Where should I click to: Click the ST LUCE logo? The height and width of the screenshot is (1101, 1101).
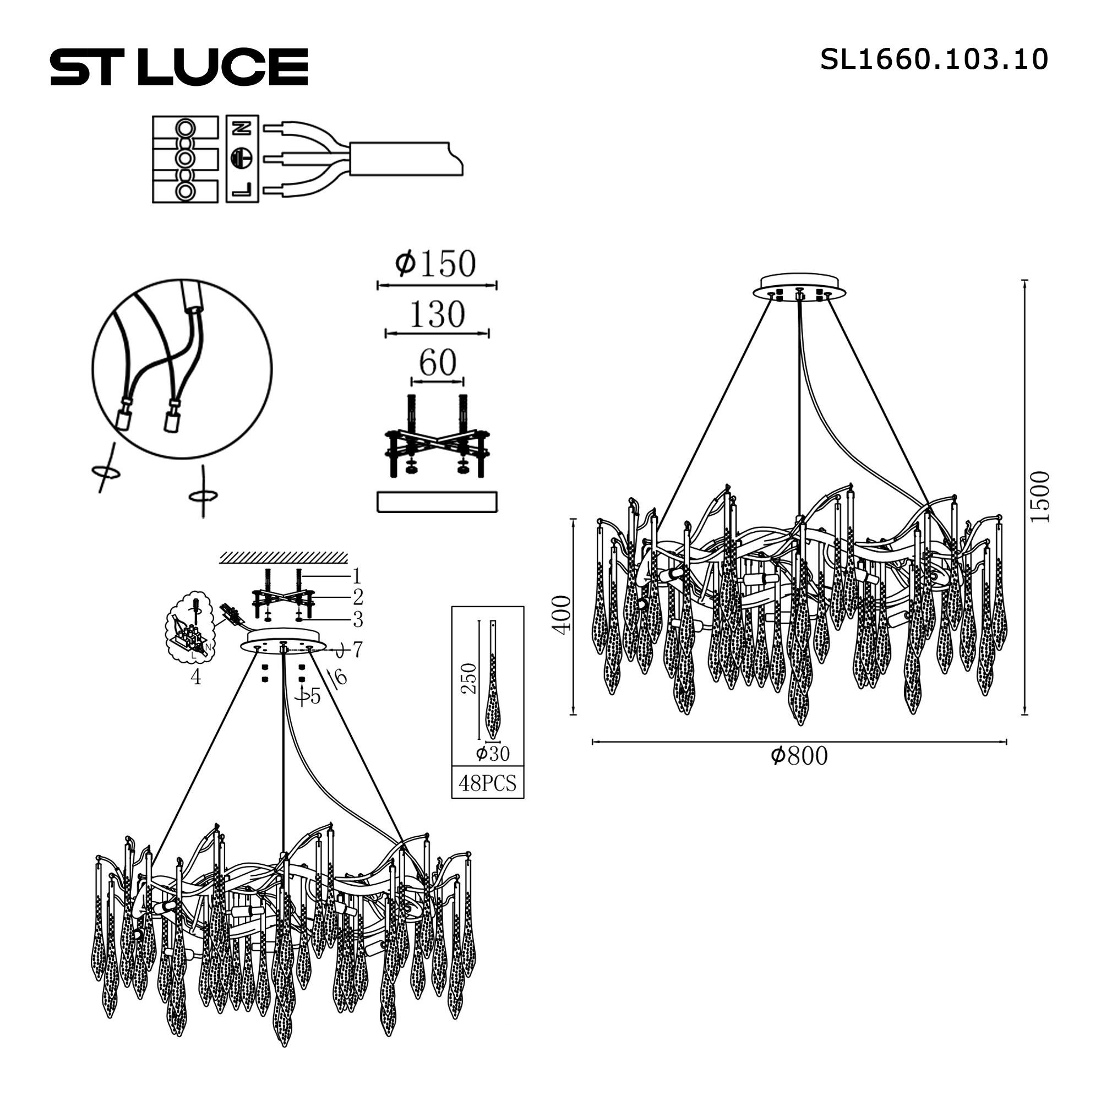tap(179, 67)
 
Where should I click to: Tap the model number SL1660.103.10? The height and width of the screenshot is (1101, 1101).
tap(934, 59)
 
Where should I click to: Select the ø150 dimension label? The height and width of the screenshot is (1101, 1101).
tap(436, 264)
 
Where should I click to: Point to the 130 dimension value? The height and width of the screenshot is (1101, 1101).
tap(437, 314)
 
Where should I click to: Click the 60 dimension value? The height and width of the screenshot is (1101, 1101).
tap(438, 362)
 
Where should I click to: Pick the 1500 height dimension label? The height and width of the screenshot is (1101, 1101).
tap(1040, 497)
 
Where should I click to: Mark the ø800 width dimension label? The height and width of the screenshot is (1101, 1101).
tap(799, 756)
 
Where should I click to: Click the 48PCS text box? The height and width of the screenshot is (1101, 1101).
tap(487, 783)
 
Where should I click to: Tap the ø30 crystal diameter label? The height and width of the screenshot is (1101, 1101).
tap(493, 754)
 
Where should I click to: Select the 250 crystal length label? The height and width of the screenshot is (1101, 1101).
tap(469, 678)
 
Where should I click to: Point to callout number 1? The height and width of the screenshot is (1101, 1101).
tap(357, 576)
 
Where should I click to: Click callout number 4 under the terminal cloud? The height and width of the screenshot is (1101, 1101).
tap(196, 677)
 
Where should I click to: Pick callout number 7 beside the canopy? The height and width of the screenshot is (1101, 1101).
tap(357, 648)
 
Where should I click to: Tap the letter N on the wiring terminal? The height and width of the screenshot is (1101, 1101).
tap(242, 128)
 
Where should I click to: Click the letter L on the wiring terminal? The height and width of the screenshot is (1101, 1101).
tap(242, 189)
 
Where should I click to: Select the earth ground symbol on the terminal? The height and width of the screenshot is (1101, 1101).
tap(242, 158)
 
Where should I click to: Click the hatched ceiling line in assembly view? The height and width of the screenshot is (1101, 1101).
tap(283, 557)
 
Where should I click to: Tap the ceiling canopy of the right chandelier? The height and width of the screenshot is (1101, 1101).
tap(798, 287)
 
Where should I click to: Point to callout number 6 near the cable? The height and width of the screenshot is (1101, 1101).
tap(340, 677)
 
